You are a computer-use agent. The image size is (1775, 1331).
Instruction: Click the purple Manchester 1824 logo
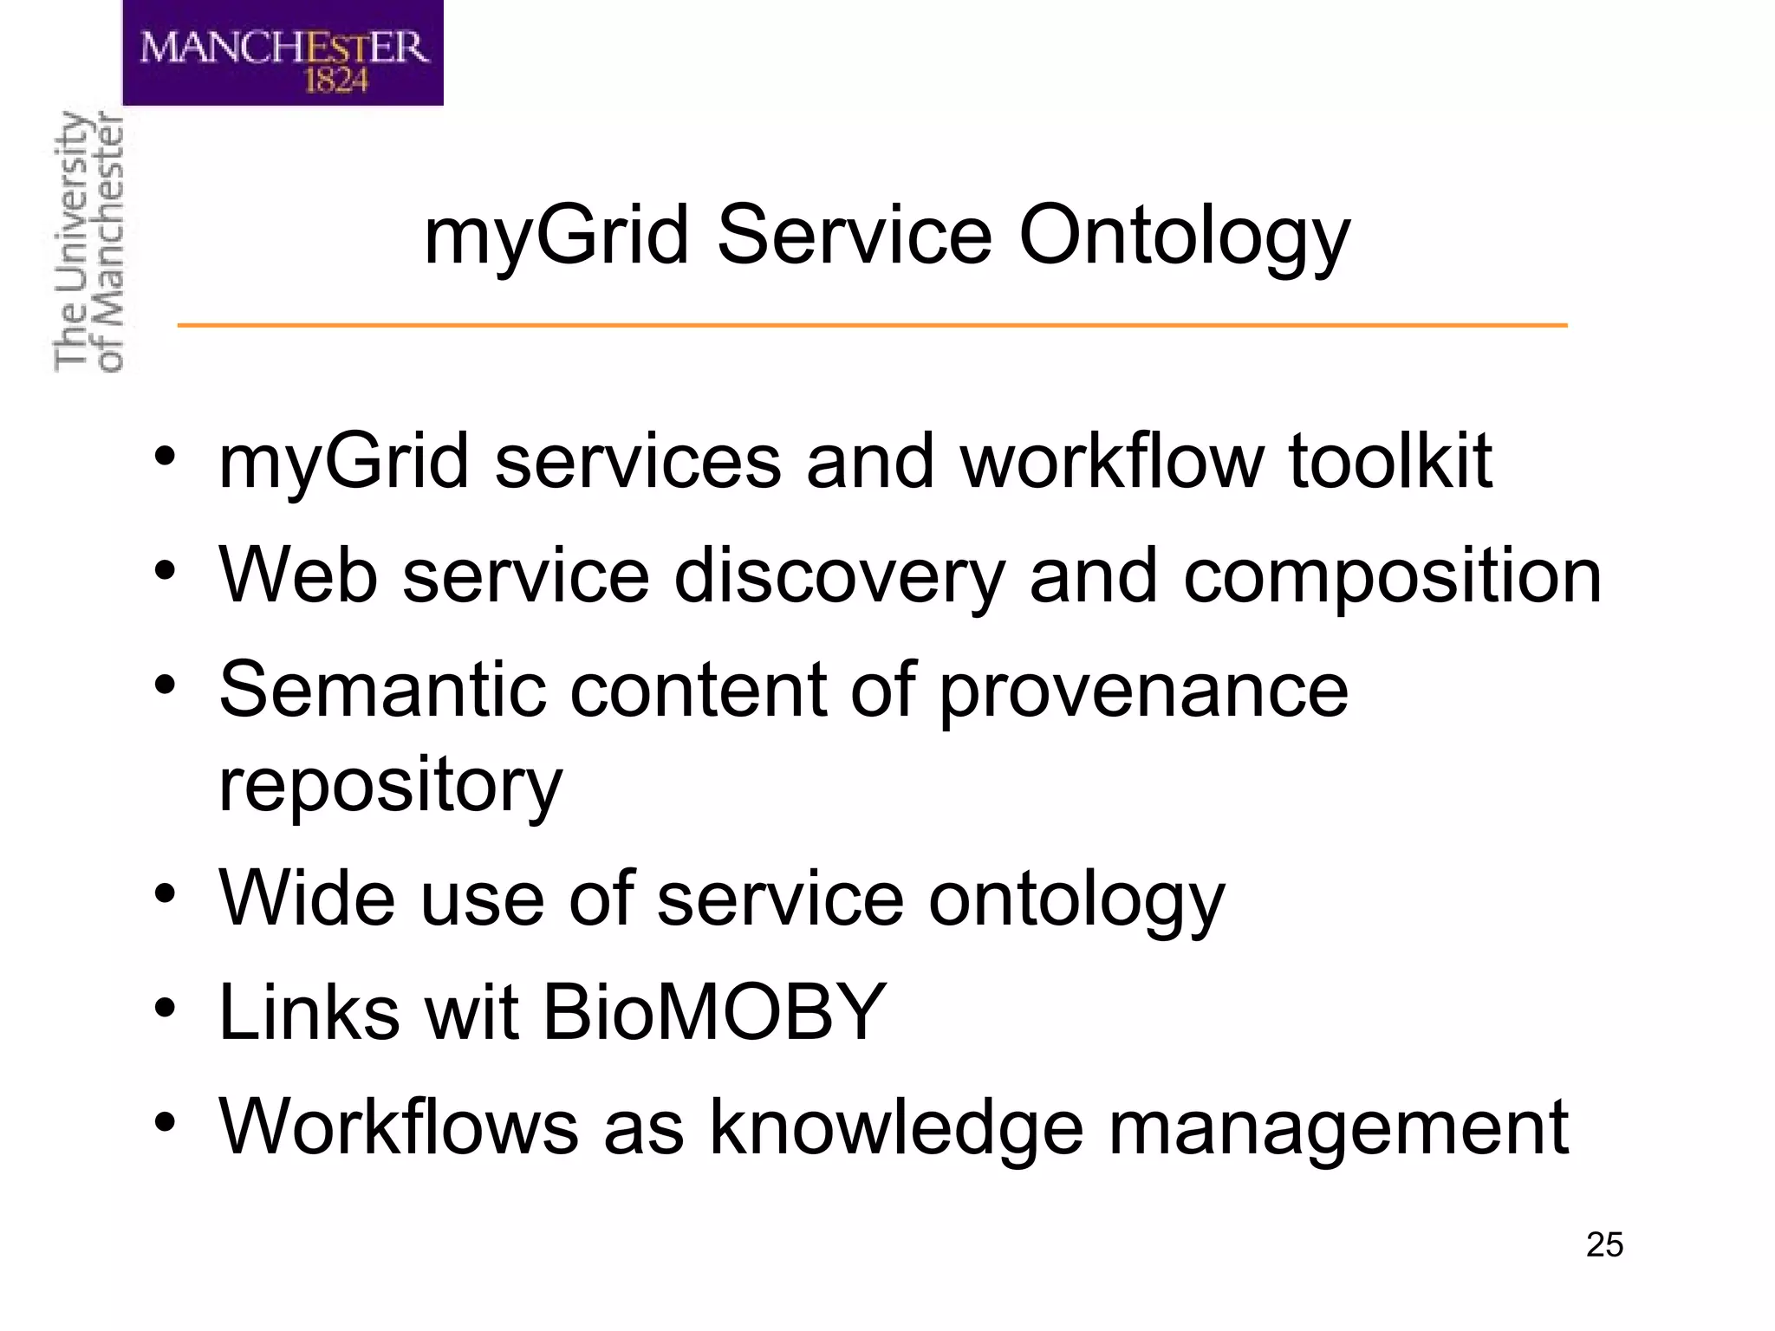tap(283, 53)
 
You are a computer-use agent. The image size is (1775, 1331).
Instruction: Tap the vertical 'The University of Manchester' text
tap(88, 242)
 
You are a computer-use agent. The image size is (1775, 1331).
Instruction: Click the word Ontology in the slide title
tap(1184, 237)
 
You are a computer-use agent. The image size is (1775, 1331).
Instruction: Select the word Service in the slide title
tap(854, 235)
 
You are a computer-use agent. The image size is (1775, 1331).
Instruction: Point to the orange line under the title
tap(872, 325)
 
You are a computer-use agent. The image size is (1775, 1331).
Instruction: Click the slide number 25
tap(1604, 1245)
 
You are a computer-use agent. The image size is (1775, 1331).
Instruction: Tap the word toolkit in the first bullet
tap(1389, 461)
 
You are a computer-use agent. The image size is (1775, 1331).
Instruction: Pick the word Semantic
tap(382, 690)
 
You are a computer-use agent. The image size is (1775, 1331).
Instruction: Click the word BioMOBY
tap(714, 1012)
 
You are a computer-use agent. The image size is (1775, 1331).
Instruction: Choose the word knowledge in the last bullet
tap(896, 1128)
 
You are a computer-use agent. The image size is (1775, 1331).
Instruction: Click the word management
tap(1338, 1128)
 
